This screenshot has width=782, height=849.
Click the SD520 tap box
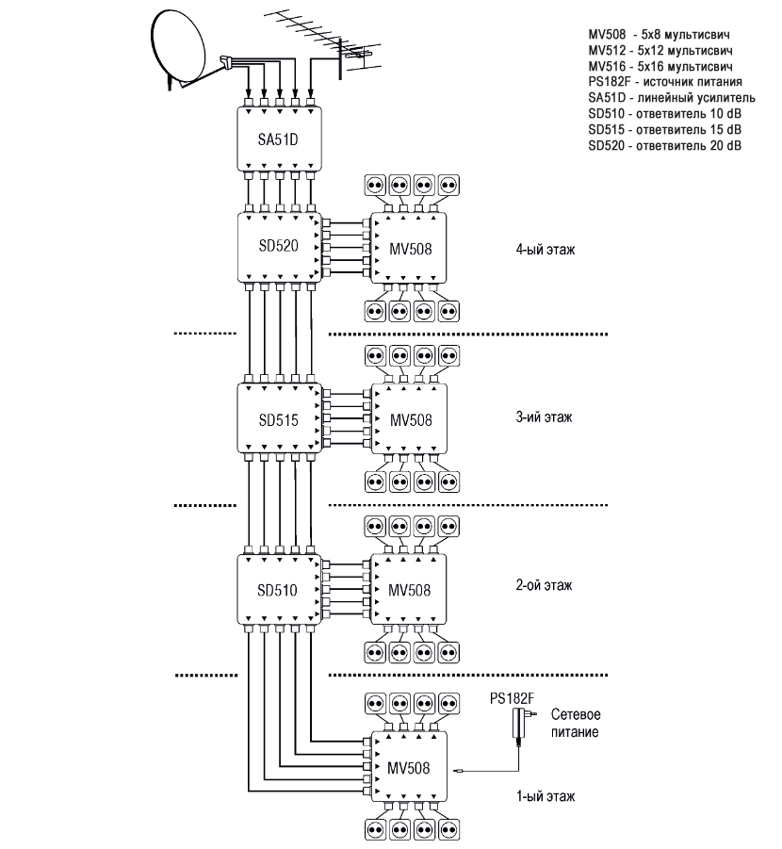point(279,246)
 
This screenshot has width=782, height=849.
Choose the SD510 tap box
point(279,591)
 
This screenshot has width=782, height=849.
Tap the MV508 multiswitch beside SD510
point(409,590)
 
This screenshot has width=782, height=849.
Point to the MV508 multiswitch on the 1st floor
point(409,766)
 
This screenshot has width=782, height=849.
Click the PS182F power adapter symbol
point(517,725)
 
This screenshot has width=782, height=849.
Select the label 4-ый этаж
point(546,252)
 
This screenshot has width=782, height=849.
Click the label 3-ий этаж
point(545,416)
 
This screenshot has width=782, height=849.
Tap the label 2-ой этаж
point(545,585)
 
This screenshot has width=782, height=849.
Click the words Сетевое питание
point(576,723)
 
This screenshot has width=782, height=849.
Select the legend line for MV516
point(660,69)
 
